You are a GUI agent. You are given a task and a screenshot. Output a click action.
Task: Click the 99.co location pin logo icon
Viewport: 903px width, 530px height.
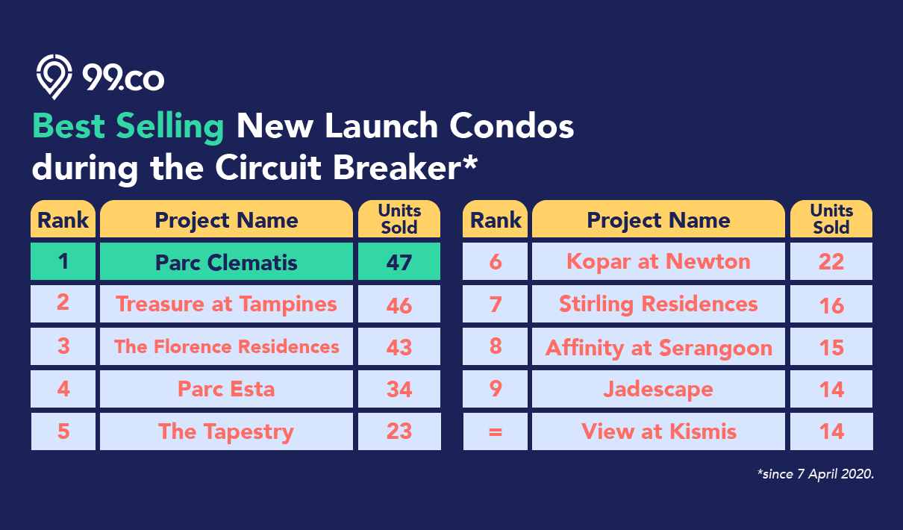pos(54,76)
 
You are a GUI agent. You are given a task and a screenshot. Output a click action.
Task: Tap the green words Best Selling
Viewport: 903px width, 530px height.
pos(128,127)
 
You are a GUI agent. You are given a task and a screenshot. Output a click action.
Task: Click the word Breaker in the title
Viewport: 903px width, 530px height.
pos(397,168)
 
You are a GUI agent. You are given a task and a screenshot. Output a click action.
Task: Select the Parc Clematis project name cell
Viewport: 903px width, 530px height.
pos(226,261)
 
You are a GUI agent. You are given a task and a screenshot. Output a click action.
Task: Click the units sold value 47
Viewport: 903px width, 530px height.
pos(399,261)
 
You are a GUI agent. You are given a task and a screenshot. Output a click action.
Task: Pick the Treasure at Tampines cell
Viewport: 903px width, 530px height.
pos(226,304)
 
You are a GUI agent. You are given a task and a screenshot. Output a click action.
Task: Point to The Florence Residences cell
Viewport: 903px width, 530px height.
pos(226,346)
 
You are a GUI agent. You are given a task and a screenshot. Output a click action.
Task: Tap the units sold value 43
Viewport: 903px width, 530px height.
pos(399,346)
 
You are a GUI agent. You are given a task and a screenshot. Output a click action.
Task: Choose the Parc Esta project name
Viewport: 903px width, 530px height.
pos(226,389)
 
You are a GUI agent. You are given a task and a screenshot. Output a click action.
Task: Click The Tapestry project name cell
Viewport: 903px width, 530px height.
pos(226,431)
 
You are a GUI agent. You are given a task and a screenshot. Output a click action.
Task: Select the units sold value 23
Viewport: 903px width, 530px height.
pos(399,431)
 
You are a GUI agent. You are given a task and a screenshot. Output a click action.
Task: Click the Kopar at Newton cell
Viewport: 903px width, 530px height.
pos(658,261)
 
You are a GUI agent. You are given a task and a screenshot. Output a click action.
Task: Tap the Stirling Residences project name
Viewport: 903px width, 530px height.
pos(658,304)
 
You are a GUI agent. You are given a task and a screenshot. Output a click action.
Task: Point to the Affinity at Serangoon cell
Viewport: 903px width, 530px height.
pos(658,346)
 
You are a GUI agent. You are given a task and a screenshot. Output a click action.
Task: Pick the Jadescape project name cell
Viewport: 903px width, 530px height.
pos(658,389)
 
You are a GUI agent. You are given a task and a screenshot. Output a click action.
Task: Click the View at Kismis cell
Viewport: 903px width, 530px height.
pos(658,431)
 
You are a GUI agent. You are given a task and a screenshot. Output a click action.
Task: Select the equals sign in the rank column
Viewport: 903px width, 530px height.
pos(496,432)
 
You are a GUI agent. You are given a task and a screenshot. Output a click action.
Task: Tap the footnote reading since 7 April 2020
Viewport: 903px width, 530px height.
pos(816,474)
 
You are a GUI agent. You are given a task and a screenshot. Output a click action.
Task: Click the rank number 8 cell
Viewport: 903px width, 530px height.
pos(495,346)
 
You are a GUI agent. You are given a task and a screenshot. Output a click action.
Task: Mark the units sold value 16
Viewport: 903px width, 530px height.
pos(831,305)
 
